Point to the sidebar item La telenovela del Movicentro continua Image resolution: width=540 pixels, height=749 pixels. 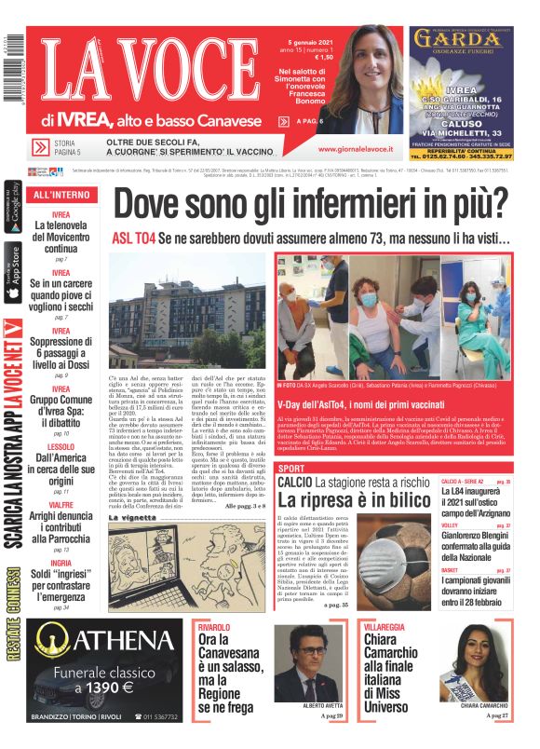coord(61,237)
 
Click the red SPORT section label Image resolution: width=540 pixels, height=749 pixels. coord(291,468)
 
